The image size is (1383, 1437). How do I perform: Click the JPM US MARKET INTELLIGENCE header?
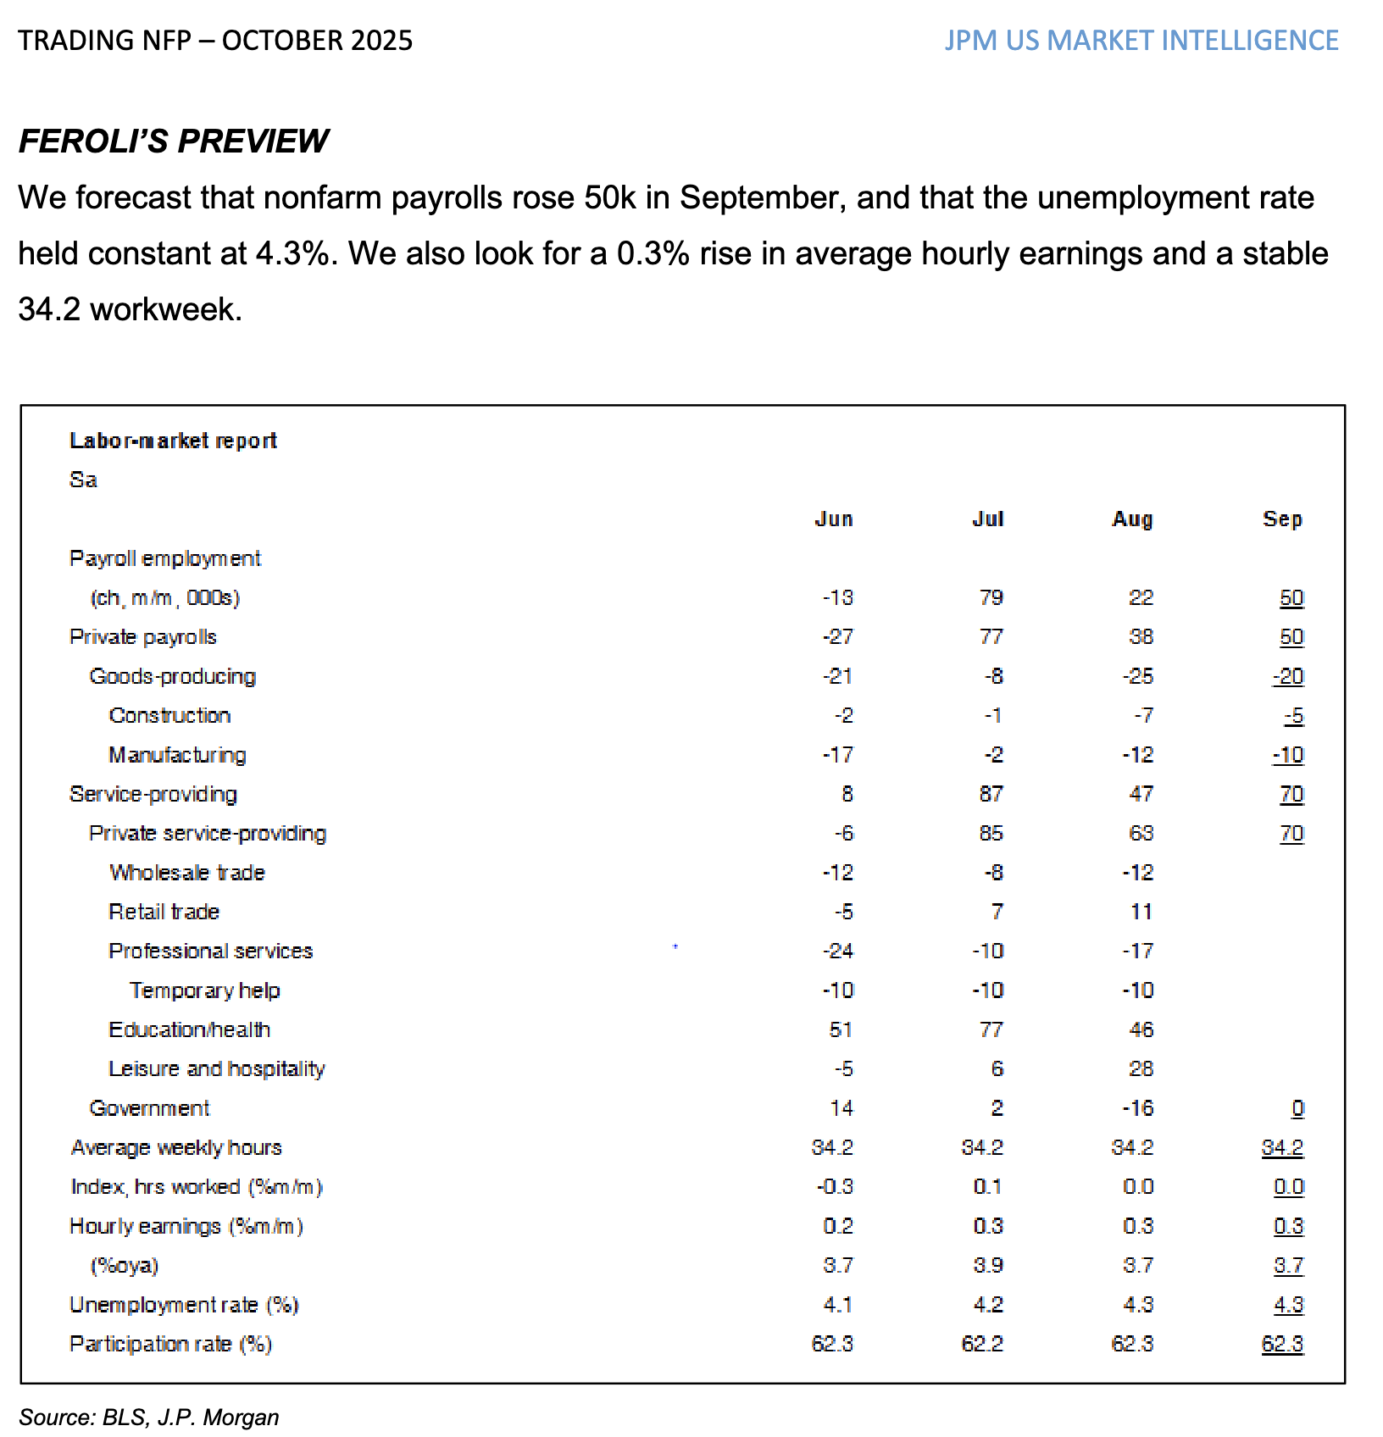coord(1141,41)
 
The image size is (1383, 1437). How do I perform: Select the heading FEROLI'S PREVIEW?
coord(173,141)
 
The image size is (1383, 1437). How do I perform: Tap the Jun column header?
coord(833,519)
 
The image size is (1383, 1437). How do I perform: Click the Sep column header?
coord(1281,519)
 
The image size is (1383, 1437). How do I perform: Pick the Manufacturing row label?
coord(177,755)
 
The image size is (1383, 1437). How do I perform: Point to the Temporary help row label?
coord(204,990)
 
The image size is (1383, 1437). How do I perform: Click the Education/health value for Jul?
coord(991,1029)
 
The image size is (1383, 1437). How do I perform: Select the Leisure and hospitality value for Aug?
coord(1141,1069)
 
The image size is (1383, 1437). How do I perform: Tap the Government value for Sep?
coord(1297,1108)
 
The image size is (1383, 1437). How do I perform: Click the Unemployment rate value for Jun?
coord(837,1305)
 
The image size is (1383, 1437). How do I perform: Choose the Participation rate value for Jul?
coord(982,1344)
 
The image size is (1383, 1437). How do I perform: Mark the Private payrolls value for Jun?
coord(837,637)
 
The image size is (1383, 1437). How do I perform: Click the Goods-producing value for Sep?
coord(1288,676)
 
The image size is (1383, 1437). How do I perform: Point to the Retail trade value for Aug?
coord(1141,912)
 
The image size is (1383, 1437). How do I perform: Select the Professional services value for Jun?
coord(837,951)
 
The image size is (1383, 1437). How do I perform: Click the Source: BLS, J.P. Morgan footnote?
coord(149,1418)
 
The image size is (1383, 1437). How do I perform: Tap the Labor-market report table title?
coord(173,441)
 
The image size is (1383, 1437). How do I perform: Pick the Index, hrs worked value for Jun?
coord(834,1187)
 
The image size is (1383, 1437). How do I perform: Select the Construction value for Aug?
coord(1143,716)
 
